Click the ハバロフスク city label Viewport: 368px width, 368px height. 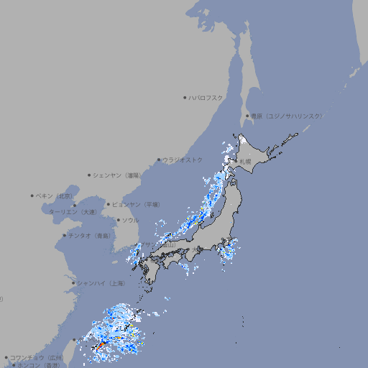click(206, 97)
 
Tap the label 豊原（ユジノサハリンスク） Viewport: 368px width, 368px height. click(287, 116)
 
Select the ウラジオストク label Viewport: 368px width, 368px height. click(183, 160)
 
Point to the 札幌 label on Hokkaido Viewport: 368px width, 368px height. click(246, 162)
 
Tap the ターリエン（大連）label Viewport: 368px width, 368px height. click(73, 212)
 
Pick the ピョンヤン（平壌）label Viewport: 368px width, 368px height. click(138, 204)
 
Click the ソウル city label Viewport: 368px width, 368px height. click(130, 220)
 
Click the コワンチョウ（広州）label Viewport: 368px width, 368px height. click(37, 357)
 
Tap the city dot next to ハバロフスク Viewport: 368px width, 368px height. click(185, 97)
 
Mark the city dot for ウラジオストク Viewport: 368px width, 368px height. click(159, 160)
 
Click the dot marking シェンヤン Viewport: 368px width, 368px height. click(89, 175)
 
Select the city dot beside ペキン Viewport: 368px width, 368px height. click(32, 195)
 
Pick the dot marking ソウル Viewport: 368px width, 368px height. click(118, 220)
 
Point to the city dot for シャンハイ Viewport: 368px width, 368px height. click(73, 283)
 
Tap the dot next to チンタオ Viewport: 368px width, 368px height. click(64, 235)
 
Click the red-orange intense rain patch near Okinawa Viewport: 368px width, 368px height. click(101, 346)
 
